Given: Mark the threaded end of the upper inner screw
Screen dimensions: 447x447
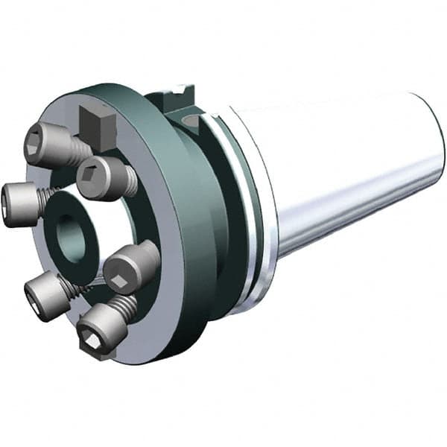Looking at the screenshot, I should pyautogui.click(x=131, y=179).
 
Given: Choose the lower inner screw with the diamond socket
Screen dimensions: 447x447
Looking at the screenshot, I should pyautogui.click(x=127, y=268).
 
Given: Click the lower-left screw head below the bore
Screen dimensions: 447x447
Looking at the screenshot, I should pyautogui.click(x=41, y=294).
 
